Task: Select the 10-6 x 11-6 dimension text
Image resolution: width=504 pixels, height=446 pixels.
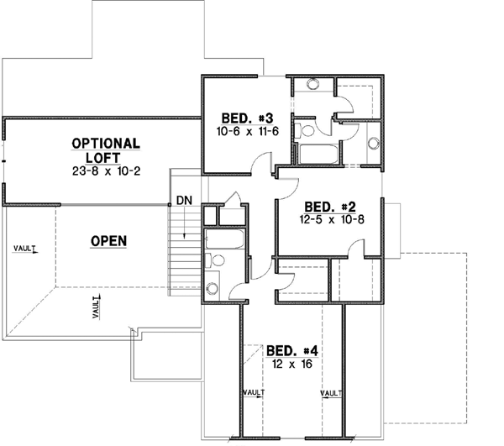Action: [x=247, y=130]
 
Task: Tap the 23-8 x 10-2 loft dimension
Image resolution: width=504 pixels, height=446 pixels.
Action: [x=107, y=171]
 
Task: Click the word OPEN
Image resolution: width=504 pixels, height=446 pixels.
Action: [x=108, y=241]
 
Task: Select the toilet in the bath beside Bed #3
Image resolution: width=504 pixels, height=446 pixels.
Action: [x=307, y=129]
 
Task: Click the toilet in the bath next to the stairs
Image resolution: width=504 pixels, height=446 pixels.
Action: [x=218, y=260]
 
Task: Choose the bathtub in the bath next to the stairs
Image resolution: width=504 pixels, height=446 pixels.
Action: [x=223, y=239]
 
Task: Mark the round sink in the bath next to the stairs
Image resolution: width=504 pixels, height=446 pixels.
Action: [x=212, y=288]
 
